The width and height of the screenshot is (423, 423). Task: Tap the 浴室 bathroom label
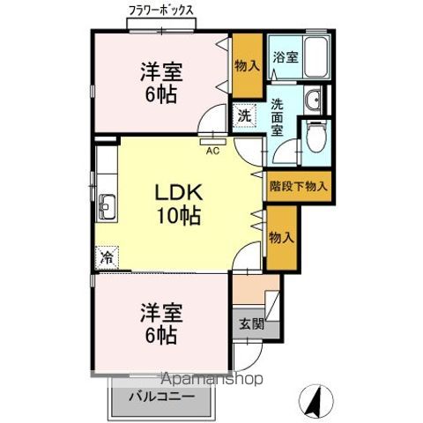[284, 58]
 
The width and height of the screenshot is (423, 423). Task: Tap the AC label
[211, 151]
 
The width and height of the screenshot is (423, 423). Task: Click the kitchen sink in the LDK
[108, 208]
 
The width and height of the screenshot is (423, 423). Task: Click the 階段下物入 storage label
[299, 186]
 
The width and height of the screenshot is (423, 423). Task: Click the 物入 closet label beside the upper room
[247, 64]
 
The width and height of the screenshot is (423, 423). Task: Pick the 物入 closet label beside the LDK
[282, 238]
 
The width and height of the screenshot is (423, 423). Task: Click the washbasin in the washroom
[315, 101]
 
